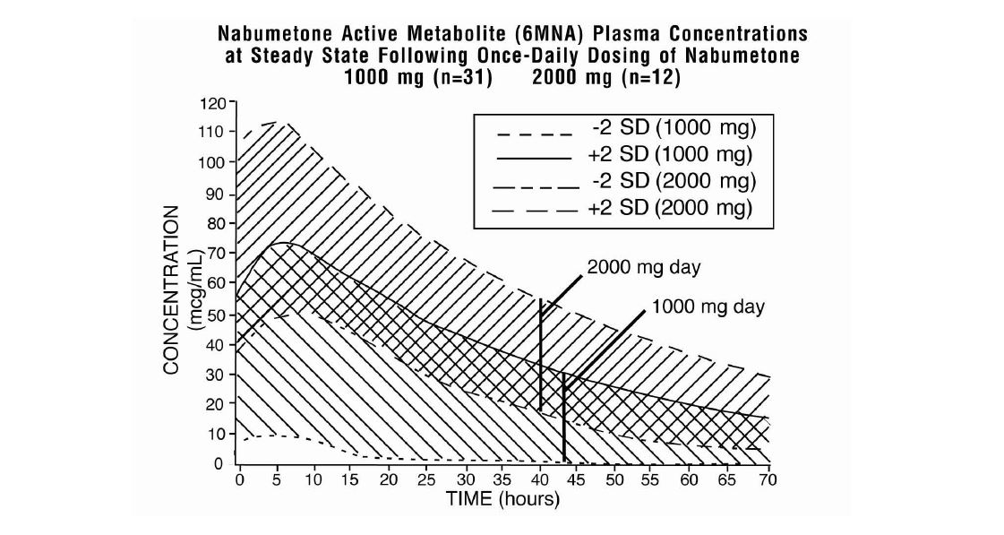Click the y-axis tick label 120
[213, 104]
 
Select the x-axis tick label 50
[614, 480]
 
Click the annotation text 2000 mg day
[643, 267]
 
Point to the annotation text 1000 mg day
[708, 306]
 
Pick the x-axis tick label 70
[766, 480]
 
